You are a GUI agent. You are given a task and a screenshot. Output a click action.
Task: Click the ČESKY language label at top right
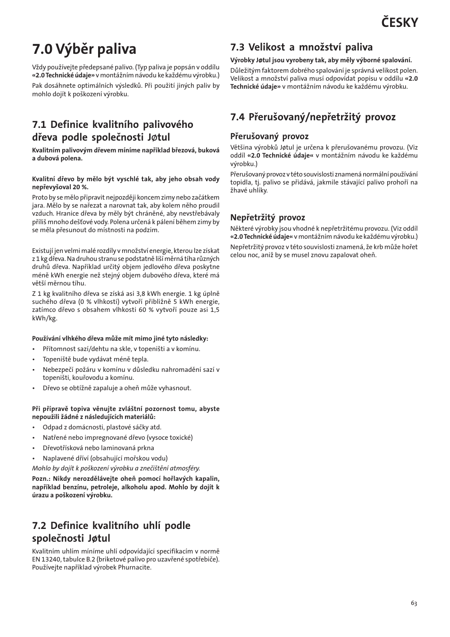click(x=399, y=22)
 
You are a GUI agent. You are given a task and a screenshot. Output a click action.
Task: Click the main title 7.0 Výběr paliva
click(x=84, y=49)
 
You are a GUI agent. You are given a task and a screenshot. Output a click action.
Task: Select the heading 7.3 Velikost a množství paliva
click(x=301, y=47)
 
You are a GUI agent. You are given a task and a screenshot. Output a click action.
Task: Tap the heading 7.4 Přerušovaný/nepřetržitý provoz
click(x=312, y=117)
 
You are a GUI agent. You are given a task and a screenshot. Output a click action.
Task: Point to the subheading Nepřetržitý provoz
click(x=267, y=218)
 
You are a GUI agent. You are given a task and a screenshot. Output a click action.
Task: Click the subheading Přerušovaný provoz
click(x=269, y=136)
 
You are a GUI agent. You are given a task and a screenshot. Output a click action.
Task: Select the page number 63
click(x=414, y=603)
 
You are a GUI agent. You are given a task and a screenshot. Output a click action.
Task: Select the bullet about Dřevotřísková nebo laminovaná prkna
click(x=98, y=448)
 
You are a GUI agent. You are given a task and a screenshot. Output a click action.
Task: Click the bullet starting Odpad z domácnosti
click(x=102, y=427)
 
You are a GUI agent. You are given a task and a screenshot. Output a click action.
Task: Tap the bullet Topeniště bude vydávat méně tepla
click(x=95, y=359)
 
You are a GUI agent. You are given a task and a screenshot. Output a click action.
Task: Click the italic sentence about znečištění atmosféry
click(x=116, y=468)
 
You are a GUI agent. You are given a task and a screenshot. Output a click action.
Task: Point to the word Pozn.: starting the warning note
click(x=41, y=479)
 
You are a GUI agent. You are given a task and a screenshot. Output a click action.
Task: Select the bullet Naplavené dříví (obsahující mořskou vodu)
click(x=105, y=458)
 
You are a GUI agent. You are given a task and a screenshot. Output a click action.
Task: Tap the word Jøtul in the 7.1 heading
click(x=158, y=137)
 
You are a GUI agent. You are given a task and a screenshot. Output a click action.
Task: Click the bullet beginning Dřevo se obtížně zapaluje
click(x=117, y=388)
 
